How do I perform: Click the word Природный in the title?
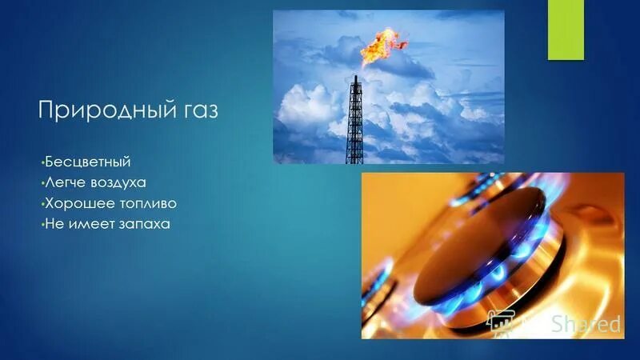(x=105, y=110)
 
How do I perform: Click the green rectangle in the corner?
(x=563, y=30)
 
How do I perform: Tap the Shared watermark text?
(x=586, y=324)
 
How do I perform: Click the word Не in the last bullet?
(x=54, y=225)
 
